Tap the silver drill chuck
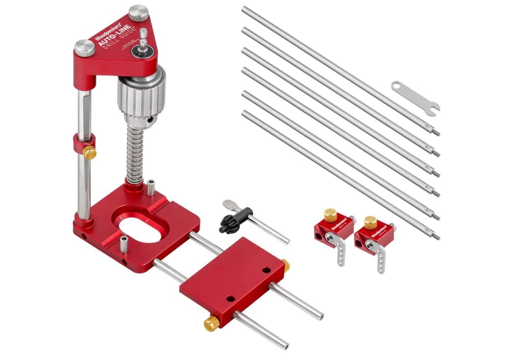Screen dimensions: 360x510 tap(141, 97)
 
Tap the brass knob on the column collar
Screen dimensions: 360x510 tap(89, 152)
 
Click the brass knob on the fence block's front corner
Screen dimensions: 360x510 tap(212, 323)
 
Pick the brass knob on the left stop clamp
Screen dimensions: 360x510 tap(330, 214)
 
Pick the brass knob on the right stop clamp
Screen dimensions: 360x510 tap(370, 222)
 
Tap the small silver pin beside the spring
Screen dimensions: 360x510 tap(151, 188)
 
